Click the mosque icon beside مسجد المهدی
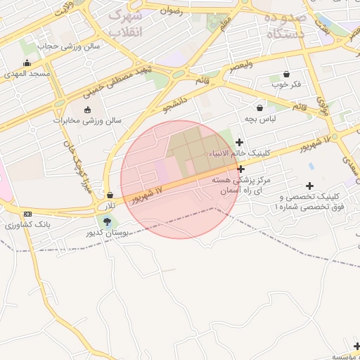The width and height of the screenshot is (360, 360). pyautogui.click(x=27, y=63)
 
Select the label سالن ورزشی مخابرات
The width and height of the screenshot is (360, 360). pyautogui.click(x=87, y=120)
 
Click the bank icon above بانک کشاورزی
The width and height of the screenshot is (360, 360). pyautogui.click(x=27, y=214)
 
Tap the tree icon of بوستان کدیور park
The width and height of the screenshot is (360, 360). pyautogui.click(x=106, y=221)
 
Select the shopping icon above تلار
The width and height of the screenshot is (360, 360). pyautogui.click(x=110, y=195)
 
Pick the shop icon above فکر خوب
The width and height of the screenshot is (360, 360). pyautogui.click(x=286, y=74)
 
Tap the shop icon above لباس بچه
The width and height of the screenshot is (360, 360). pyautogui.click(x=260, y=108)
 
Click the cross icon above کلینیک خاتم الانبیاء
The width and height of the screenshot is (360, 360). pyautogui.click(x=240, y=142)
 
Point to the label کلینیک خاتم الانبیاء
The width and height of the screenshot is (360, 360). pyautogui.click(x=235, y=153)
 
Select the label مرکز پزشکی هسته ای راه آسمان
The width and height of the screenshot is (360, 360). pyautogui.click(x=241, y=186)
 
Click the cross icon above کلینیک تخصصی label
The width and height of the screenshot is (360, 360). pyautogui.click(x=309, y=185)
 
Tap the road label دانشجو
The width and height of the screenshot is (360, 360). pyautogui.click(x=176, y=101)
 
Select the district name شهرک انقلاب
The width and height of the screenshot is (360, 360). pyautogui.click(x=127, y=23)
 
